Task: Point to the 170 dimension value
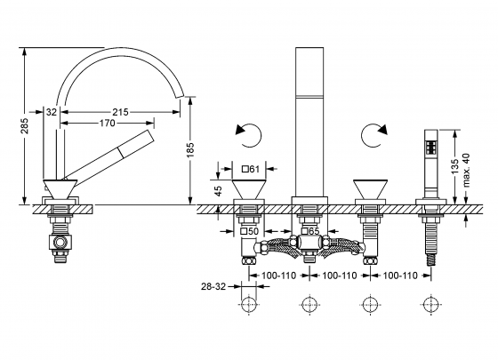pos(107,124)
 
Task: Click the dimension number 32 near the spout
pos(52,113)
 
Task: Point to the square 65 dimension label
pos(310,232)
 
